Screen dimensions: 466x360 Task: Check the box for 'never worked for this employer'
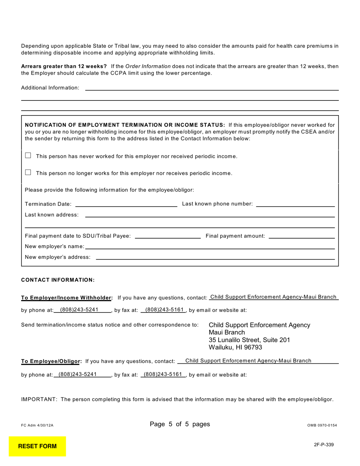pyautogui.click(x=28, y=156)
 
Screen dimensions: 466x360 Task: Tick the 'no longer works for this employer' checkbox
pyautogui.click(x=28, y=173)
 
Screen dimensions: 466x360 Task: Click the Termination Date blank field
pyautogui.click(x=126, y=204)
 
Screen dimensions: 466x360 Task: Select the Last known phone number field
pyautogui.click(x=295, y=204)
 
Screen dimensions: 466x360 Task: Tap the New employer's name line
pyautogui.click(x=210, y=246)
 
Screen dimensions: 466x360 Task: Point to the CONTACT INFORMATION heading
pyautogui.click(x=58, y=280)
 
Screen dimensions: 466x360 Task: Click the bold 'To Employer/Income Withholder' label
pyautogui.click(x=67, y=298)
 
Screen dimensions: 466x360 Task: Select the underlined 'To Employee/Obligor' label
pyautogui.click(x=52, y=361)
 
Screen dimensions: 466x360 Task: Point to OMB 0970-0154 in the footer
pyautogui.click(x=322, y=425)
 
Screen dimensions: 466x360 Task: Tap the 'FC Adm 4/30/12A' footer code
pyautogui.click(x=37, y=425)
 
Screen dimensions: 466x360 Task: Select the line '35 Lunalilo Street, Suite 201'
pyautogui.click(x=249, y=340)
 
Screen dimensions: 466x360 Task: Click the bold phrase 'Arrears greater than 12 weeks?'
pyautogui.click(x=64, y=66)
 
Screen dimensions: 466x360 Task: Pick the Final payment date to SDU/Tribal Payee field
pyautogui.click(x=167, y=236)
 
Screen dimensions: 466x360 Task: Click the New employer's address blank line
pyautogui.click(x=215, y=257)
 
